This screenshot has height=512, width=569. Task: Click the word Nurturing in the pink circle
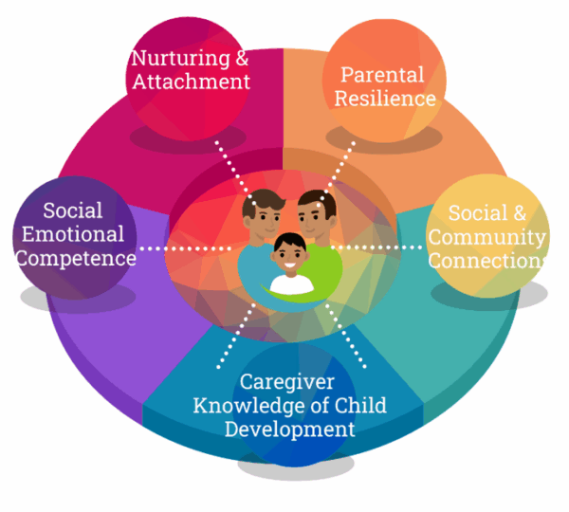(x=181, y=59)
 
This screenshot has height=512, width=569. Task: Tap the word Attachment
(x=192, y=82)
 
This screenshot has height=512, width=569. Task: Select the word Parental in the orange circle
(x=382, y=75)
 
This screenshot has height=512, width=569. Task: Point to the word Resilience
(x=385, y=99)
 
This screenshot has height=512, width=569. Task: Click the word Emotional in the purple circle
(x=73, y=234)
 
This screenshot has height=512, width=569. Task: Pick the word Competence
(x=76, y=258)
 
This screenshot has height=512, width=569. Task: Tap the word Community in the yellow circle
(x=487, y=238)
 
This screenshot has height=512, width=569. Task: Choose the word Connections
(x=487, y=261)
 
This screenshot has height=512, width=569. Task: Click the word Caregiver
(x=286, y=382)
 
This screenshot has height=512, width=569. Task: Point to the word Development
(x=289, y=430)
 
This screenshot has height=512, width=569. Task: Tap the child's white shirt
(x=291, y=283)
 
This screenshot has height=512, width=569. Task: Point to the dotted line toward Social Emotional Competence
(x=186, y=248)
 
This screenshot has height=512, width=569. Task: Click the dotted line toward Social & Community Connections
(x=376, y=247)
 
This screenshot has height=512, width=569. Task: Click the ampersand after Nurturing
(x=242, y=58)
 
